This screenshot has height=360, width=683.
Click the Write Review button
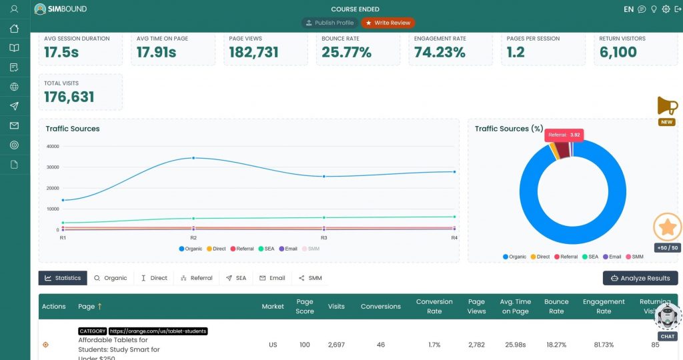(388, 23)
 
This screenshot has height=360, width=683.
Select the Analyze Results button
(640, 278)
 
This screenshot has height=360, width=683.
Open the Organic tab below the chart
(110, 278)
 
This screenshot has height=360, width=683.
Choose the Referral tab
(196, 278)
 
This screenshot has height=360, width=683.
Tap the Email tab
(272, 278)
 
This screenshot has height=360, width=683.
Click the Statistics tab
(63, 278)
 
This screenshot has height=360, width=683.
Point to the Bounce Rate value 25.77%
(346, 52)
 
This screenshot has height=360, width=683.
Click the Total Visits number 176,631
(69, 97)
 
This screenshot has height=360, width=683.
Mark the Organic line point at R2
(193, 158)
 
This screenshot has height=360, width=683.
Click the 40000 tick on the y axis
(52, 146)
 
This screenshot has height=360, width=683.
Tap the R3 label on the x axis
(323, 238)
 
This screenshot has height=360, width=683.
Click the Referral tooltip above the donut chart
(564, 135)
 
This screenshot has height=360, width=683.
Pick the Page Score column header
(305, 306)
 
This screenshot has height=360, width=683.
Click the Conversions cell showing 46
(380, 345)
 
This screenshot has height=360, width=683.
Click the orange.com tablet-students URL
(158, 331)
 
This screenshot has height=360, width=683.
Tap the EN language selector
(628, 9)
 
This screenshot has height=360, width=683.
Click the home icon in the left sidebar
(15, 29)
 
